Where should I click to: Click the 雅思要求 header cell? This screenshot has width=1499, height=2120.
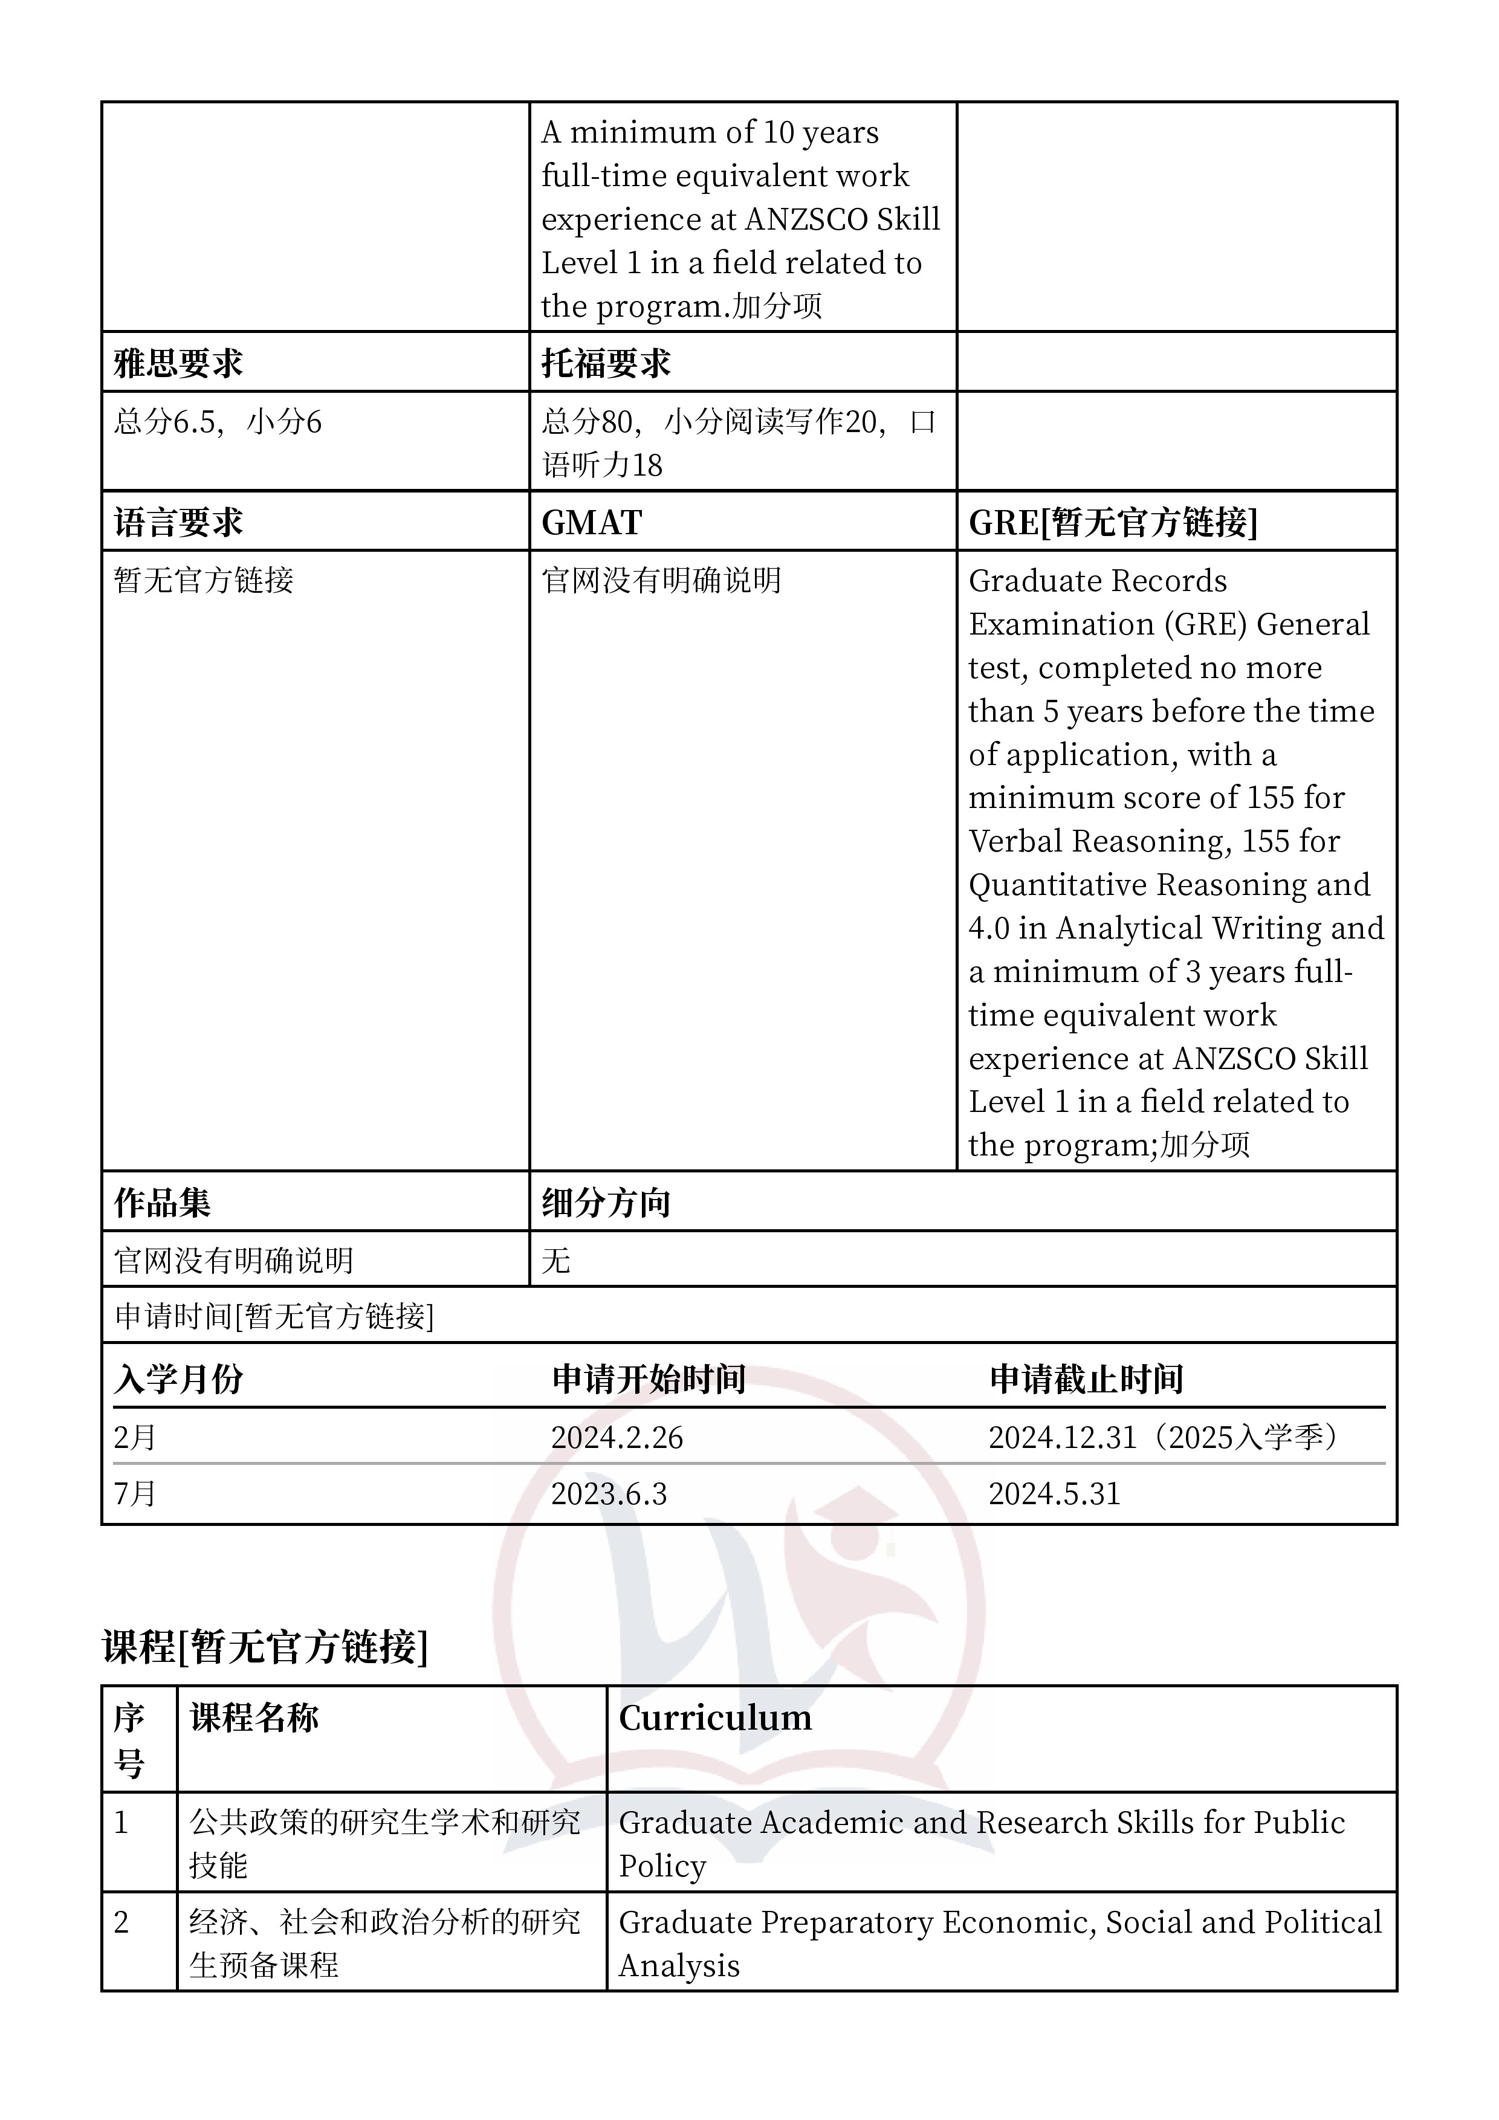click(x=178, y=363)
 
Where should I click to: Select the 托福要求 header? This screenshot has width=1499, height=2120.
click(x=606, y=363)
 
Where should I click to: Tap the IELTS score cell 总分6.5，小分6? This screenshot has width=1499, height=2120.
click(x=218, y=422)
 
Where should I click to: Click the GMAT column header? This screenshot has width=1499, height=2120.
click(x=591, y=523)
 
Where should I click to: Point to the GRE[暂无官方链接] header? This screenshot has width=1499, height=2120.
click(x=1112, y=523)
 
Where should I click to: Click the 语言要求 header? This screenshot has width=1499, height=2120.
click(x=178, y=523)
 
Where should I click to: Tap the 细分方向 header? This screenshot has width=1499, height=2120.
click(x=606, y=1202)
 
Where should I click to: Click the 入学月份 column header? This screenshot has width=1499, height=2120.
click(x=178, y=1378)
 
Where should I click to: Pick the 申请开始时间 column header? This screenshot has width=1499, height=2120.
click(x=649, y=1378)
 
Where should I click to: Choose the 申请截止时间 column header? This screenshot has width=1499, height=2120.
click(x=1086, y=1378)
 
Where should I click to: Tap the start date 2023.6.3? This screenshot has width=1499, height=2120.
click(x=609, y=1493)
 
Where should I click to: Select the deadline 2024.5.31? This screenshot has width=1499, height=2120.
click(x=1054, y=1493)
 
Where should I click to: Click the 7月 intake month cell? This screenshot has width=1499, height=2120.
click(x=135, y=1493)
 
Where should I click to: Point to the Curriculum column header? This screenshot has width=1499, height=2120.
click(x=715, y=1718)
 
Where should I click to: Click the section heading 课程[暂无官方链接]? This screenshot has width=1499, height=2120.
click(x=265, y=1646)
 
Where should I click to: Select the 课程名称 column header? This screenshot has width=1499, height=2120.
click(x=254, y=1718)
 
